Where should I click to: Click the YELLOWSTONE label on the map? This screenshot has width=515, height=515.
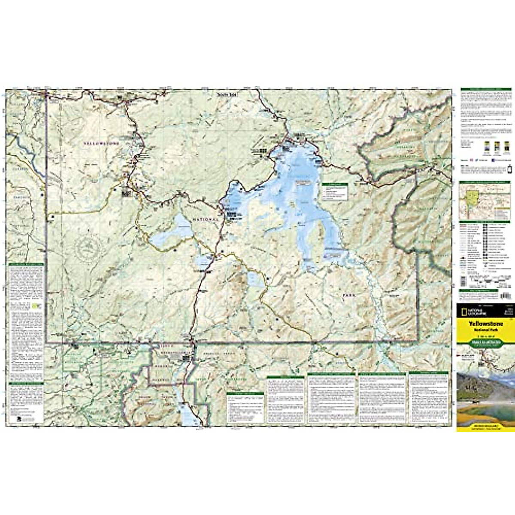coord(101,144)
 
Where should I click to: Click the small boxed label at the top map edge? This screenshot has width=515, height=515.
coord(227,94)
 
